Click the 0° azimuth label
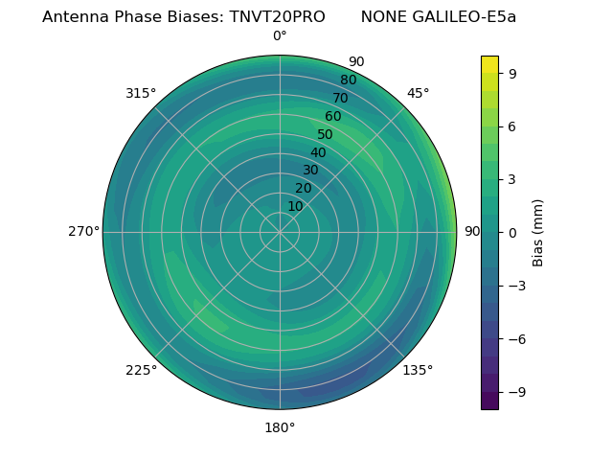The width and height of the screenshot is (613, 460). point(280,36)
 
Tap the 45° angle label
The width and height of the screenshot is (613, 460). point(418,93)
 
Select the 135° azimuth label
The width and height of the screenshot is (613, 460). point(418,370)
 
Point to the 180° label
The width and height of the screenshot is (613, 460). point(280,427)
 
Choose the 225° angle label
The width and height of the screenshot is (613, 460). point(141,371)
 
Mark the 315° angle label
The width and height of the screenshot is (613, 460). point(141,93)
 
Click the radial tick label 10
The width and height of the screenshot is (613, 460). point(295,206)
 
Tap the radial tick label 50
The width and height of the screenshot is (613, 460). point(325,134)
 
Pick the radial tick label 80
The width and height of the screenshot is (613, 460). point(348,80)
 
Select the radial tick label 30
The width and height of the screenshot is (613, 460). point(310,171)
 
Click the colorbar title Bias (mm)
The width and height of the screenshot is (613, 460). point(538,233)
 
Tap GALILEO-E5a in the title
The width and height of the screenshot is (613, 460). point(463,17)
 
